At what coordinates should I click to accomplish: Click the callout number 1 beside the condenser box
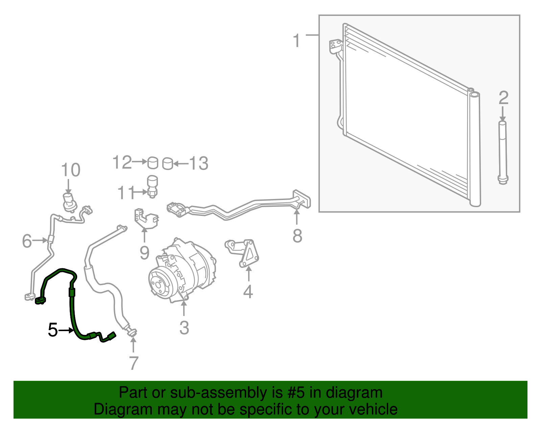tap(297, 41)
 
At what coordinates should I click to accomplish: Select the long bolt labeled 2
tap(503, 153)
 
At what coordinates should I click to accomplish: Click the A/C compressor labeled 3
tap(182, 271)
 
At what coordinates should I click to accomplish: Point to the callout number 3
tap(184, 328)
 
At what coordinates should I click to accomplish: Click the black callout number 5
tap(53, 330)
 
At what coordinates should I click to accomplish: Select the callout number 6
tap(27, 241)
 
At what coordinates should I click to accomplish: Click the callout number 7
tap(134, 363)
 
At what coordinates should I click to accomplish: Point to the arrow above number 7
tap(133, 345)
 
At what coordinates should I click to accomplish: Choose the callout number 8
tap(297, 236)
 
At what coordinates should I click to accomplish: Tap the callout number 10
tap(71, 170)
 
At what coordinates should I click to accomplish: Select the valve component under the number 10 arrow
tap(70, 202)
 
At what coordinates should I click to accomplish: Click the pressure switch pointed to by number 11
tap(152, 187)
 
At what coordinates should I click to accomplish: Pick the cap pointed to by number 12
tap(152, 163)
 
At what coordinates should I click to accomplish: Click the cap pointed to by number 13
tap(168, 164)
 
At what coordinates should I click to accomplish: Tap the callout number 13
tap(199, 164)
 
